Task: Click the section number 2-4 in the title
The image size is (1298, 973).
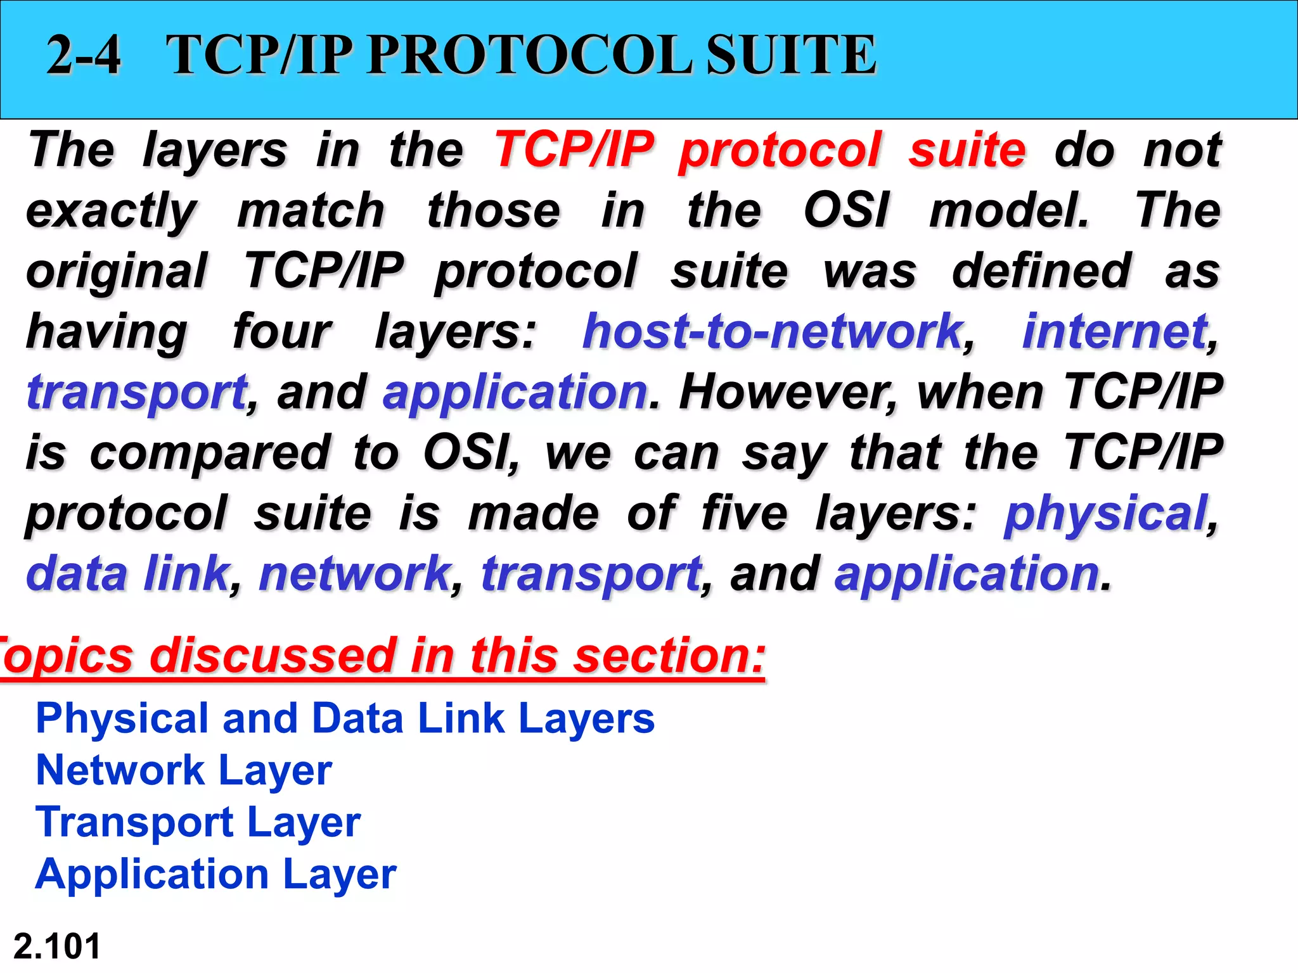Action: (x=83, y=55)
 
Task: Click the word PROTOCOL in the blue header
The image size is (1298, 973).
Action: (x=529, y=55)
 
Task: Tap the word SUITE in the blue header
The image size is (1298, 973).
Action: (x=792, y=55)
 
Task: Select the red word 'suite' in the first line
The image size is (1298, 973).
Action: (x=967, y=150)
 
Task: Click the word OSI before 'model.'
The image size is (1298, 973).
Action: (x=846, y=211)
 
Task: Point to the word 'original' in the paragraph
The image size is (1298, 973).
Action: (x=117, y=271)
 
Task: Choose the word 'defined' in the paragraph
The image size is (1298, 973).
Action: (x=1041, y=271)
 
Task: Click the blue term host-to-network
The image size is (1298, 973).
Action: (x=772, y=331)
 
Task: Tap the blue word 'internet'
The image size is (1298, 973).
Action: (x=1114, y=331)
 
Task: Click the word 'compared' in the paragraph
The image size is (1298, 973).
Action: (x=210, y=453)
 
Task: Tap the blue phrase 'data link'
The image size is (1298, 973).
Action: (x=127, y=573)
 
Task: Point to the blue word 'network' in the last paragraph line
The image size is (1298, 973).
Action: (x=355, y=573)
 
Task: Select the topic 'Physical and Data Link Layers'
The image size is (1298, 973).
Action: (x=345, y=719)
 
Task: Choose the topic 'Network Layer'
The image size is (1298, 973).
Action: (x=184, y=771)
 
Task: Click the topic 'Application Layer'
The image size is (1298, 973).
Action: (x=215, y=875)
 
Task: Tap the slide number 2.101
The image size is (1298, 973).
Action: (x=57, y=946)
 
